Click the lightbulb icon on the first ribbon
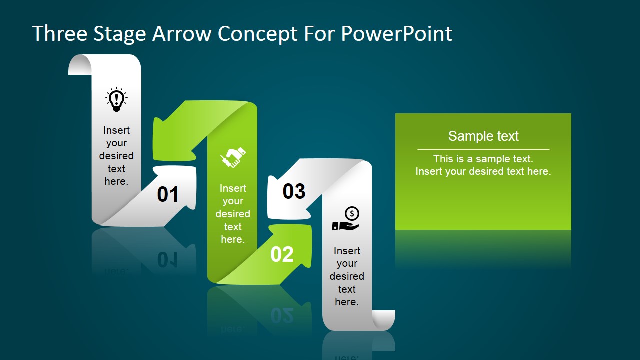pos(116,99)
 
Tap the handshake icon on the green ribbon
pos(233,157)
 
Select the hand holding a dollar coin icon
pos(346,219)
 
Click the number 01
pos(168,194)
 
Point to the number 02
pos(282,254)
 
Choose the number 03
pos(294,191)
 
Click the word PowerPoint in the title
pos(396,34)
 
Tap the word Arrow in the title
pos(181,34)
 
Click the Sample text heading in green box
pos(483,136)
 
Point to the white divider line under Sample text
pos(483,149)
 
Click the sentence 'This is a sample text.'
pos(483,159)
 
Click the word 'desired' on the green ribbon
pos(233,214)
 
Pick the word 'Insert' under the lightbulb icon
pos(116,130)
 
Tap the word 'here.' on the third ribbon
pos(347,302)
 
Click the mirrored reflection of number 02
pos(282,315)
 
